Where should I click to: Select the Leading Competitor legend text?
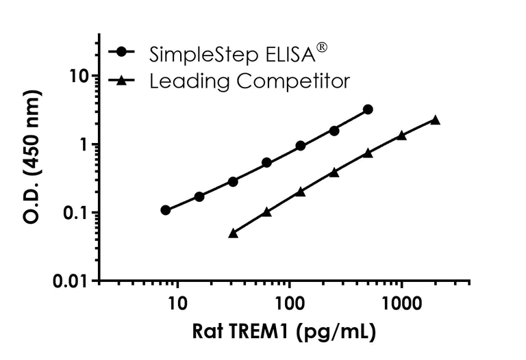pos(249,81)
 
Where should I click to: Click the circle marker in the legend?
pos(121,52)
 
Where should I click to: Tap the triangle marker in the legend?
pos(121,81)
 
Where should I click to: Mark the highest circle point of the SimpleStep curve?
pos(368,110)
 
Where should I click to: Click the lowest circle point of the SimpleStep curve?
pos(166,210)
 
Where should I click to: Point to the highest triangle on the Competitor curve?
pos(435,120)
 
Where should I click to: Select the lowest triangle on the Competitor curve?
pos(233,233)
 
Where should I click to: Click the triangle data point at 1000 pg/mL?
pos(401,136)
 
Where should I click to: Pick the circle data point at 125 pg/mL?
pos(301,146)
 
